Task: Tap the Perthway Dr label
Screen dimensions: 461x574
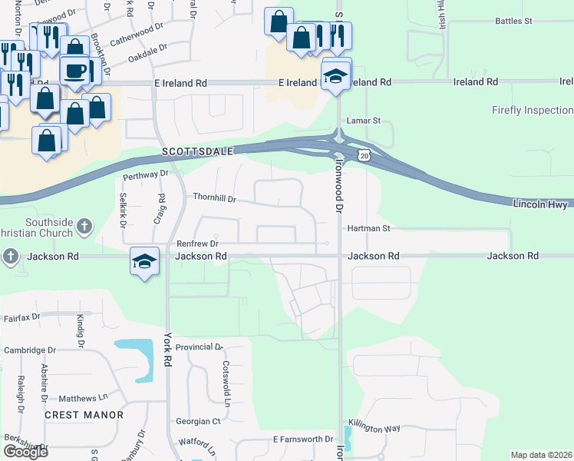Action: point(144,175)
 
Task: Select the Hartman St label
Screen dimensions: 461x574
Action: point(369,228)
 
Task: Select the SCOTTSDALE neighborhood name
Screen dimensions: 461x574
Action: point(197,152)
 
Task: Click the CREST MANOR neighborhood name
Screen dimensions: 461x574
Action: point(84,415)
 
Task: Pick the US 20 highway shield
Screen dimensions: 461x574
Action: point(365,156)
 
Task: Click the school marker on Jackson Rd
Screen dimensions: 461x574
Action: point(144,261)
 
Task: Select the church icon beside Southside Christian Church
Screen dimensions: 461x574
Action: point(84,227)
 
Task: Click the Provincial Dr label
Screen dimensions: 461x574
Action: point(198,347)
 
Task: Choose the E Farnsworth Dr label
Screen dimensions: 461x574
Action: point(302,439)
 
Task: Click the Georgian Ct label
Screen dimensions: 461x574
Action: point(197,421)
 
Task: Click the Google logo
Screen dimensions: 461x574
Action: point(25,452)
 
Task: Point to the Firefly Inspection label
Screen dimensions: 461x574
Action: point(533,111)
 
